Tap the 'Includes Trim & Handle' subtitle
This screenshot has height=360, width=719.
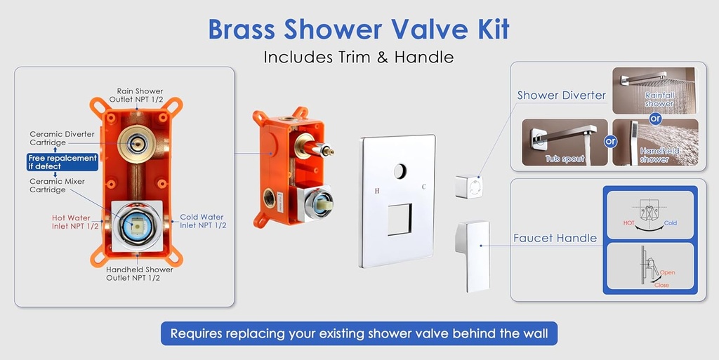click(x=359, y=57)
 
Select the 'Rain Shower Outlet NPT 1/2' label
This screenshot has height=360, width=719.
click(x=140, y=95)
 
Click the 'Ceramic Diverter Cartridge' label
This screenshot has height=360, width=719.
click(x=62, y=138)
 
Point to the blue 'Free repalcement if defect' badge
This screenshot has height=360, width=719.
click(x=62, y=162)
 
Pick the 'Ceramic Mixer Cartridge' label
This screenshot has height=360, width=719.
click(x=58, y=185)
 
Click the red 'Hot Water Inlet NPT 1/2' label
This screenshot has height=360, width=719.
click(x=71, y=222)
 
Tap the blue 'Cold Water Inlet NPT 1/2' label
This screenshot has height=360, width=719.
click(x=203, y=221)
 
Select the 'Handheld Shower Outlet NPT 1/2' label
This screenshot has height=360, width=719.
click(x=140, y=273)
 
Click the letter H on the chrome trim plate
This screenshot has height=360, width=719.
click(x=377, y=190)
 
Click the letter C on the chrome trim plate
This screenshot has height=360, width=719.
click(x=423, y=187)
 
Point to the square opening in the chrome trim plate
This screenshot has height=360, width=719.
click(x=400, y=220)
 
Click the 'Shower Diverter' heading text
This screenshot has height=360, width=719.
click(x=561, y=95)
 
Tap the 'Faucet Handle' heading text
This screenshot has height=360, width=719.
click(x=555, y=239)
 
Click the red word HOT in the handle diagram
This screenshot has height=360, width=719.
click(x=630, y=222)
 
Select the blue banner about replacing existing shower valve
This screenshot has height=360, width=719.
click(x=359, y=333)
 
